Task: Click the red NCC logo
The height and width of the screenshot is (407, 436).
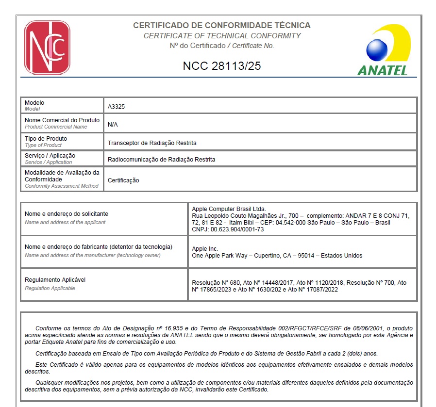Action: (x=47, y=47)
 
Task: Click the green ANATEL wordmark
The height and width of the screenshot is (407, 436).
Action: (x=382, y=70)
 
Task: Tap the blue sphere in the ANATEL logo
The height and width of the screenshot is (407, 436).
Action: (x=377, y=50)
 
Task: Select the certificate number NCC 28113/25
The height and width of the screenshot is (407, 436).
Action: (x=222, y=66)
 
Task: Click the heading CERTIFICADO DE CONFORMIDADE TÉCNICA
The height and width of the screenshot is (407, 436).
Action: (x=222, y=25)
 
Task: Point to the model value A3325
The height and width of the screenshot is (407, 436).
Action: (x=116, y=106)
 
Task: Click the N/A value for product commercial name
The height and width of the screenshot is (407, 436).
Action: (x=113, y=124)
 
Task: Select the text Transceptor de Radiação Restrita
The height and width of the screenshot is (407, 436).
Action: (x=152, y=143)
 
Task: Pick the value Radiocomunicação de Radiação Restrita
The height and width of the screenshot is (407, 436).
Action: (x=161, y=159)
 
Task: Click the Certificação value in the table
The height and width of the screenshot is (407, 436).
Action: (x=123, y=180)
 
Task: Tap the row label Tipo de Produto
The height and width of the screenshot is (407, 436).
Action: (x=46, y=139)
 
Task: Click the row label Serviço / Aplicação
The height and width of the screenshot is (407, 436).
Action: (x=50, y=156)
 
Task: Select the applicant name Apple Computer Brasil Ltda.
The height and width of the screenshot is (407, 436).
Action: (x=229, y=209)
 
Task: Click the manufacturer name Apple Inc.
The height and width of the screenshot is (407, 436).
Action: (x=205, y=249)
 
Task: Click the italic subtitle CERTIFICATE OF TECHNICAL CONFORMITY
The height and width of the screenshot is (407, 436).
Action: (x=222, y=36)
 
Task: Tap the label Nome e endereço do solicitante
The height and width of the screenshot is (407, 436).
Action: (x=66, y=214)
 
